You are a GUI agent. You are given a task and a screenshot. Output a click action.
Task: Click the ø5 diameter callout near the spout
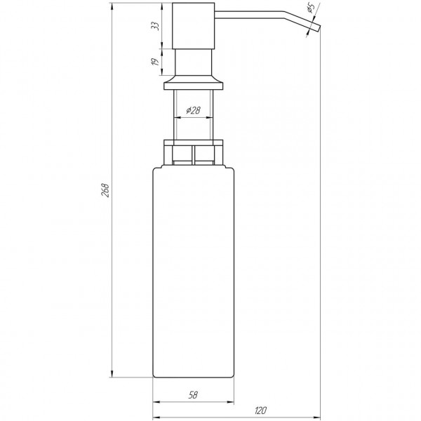(310, 11)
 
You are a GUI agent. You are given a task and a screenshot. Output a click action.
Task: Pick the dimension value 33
(156, 25)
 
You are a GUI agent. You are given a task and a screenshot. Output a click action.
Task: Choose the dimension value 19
(156, 62)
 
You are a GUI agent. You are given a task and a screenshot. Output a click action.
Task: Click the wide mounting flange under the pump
(194, 85)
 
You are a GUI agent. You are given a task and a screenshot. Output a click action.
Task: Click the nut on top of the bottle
(193, 152)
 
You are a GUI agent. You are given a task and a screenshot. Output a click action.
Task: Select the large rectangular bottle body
(193, 274)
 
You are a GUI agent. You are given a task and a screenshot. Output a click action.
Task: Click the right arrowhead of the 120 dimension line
(319, 416)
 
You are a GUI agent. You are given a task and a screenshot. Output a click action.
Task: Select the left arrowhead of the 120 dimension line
(155, 416)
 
